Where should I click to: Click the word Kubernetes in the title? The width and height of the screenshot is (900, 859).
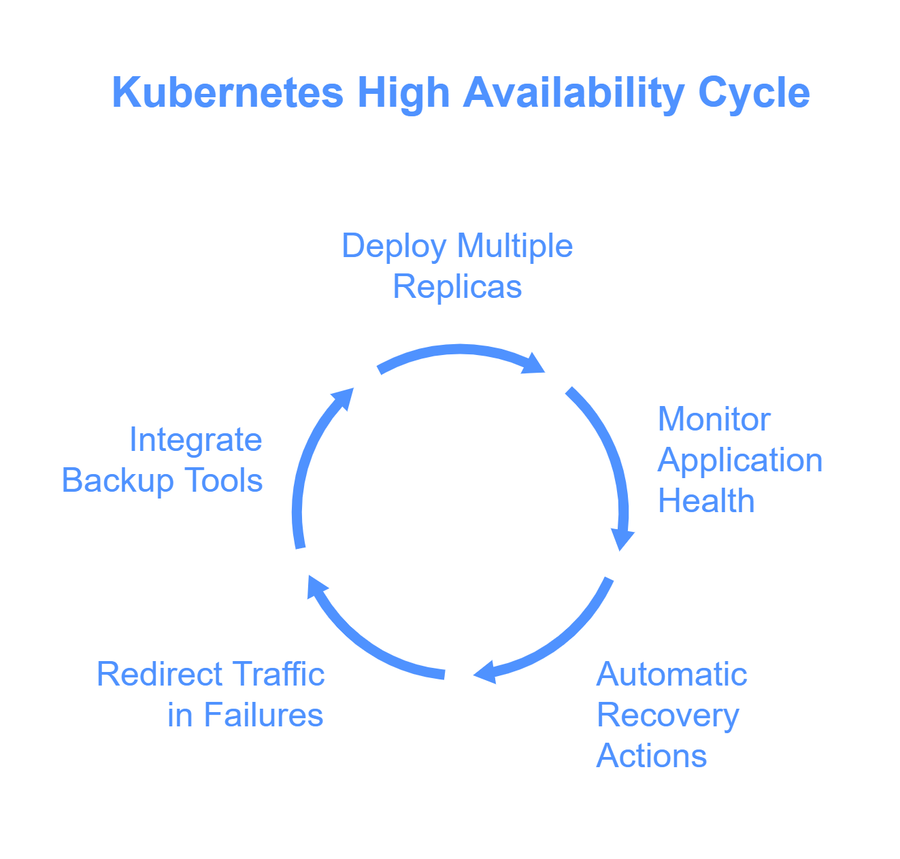(x=227, y=92)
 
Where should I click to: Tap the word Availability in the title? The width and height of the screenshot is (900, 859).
(x=573, y=93)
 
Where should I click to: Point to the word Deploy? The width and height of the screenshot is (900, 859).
(x=394, y=247)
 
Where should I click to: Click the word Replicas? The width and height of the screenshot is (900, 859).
(x=457, y=287)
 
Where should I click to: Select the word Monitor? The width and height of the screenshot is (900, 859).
(x=714, y=420)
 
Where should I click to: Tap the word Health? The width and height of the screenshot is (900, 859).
(x=705, y=501)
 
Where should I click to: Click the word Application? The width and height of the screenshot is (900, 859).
(x=739, y=461)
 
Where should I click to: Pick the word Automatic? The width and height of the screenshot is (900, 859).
(x=671, y=675)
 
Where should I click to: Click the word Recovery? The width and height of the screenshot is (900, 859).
(x=668, y=716)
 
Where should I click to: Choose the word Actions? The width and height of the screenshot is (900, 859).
(x=651, y=756)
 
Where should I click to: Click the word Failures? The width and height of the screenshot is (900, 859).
(x=264, y=715)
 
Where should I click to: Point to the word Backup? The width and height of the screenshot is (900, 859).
(x=118, y=482)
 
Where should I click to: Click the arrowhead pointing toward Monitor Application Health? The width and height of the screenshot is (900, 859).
(x=534, y=365)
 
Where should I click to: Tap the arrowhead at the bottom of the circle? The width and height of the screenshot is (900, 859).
(x=485, y=672)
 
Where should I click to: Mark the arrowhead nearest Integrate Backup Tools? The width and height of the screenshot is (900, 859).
(x=343, y=399)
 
